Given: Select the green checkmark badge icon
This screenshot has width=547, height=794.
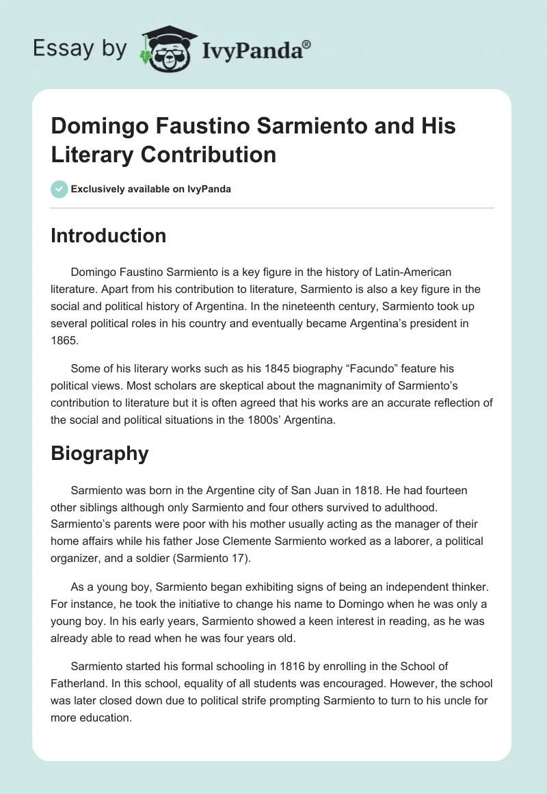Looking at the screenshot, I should (59, 189).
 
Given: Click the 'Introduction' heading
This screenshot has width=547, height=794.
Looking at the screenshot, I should (109, 235).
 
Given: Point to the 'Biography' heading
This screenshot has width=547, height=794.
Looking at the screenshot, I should (100, 453).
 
